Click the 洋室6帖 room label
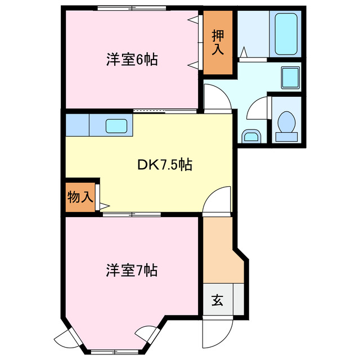coord(131,60)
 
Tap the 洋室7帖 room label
coord(131,271)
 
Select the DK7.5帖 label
coord(165,165)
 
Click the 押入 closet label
coord(218,42)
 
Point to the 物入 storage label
coord(80,197)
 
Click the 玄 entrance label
coord(217,300)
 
